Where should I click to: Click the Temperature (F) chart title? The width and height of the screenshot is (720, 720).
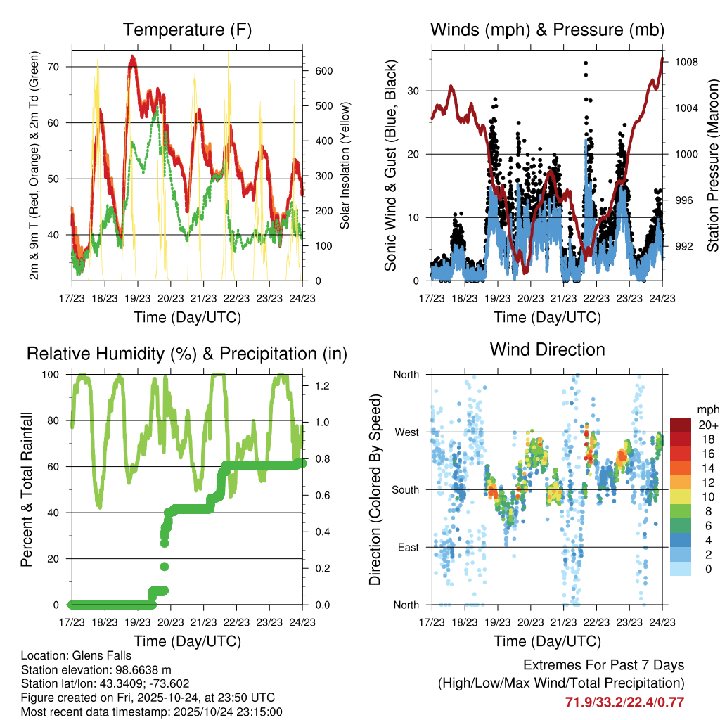(x=186, y=30)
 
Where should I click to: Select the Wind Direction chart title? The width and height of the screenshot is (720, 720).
(x=547, y=349)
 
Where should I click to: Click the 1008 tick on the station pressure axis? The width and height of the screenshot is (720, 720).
(x=685, y=62)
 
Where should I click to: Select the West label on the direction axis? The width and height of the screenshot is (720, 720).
(x=406, y=432)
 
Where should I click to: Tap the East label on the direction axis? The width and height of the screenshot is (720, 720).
(x=407, y=547)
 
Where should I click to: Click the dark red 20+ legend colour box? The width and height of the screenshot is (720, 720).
(x=680, y=425)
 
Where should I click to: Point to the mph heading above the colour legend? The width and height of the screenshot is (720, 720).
(x=707, y=409)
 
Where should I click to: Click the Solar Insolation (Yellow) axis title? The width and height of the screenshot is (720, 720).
(x=345, y=165)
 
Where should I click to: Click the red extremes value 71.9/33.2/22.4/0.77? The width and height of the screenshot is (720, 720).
(x=624, y=702)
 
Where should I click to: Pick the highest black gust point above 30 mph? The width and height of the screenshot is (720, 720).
(x=586, y=63)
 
